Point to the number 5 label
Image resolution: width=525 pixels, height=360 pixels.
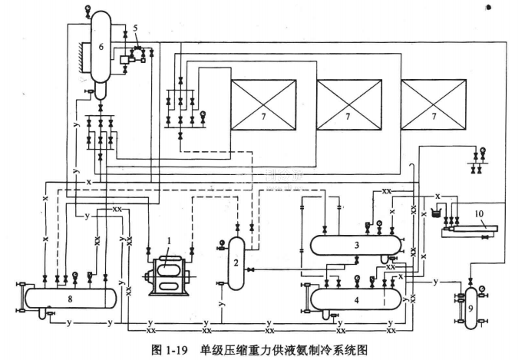pyautogui.click(x=135, y=28)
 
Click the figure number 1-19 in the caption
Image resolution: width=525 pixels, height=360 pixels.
pyautogui.click(x=180, y=350)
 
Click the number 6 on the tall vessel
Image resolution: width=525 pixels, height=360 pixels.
pyautogui.click(x=100, y=46)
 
